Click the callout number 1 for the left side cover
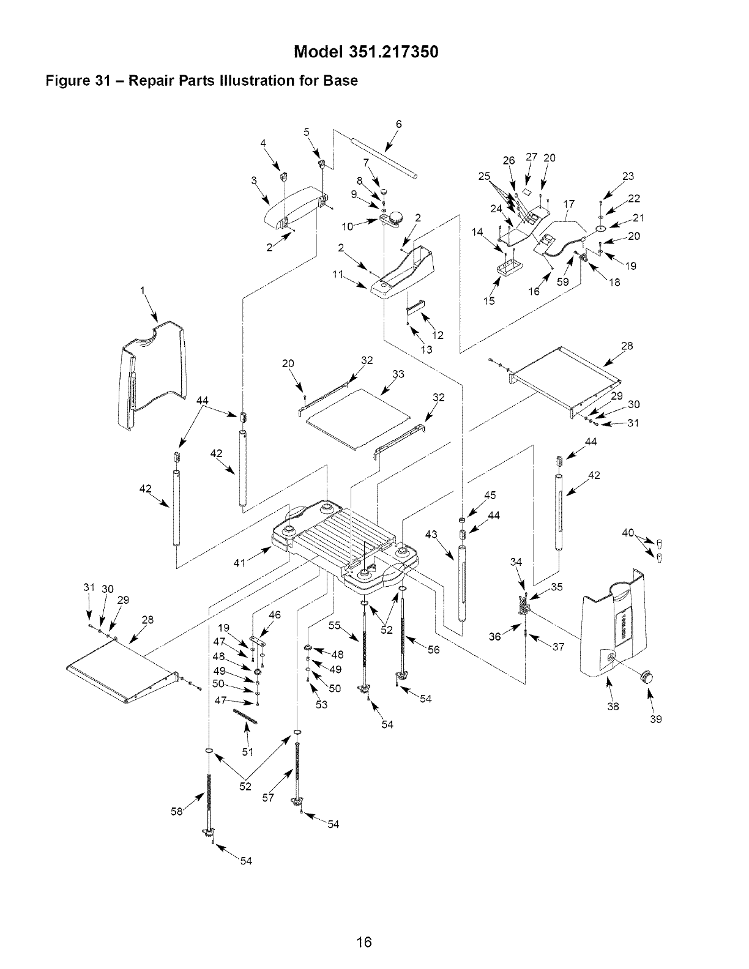tap(143, 292)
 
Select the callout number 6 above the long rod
tap(398, 124)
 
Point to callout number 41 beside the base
tap(240, 563)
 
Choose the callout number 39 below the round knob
tap(656, 719)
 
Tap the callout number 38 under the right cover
tap(613, 707)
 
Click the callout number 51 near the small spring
tap(247, 752)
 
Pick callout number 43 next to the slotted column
tap(431, 535)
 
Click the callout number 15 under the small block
tap(490, 300)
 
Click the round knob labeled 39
tap(646, 677)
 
